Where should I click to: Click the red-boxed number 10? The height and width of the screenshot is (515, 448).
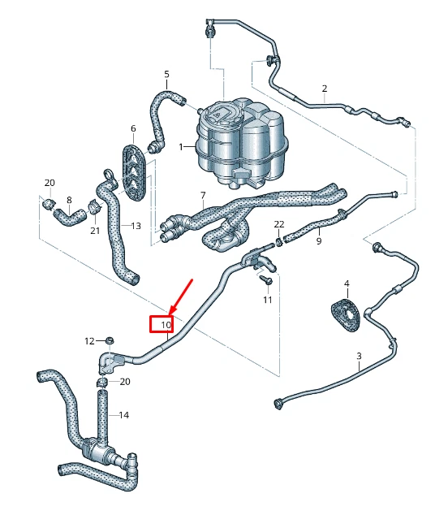click(x=165, y=325)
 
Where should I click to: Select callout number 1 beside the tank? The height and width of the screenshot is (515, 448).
click(x=183, y=147)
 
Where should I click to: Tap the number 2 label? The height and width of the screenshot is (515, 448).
click(x=324, y=88)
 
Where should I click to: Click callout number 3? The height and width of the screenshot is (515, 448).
click(x=358, y=357)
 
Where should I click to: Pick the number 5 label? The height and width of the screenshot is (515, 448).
click(x=166, y=75)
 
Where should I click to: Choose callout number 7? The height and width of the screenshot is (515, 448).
click(x=203, y=196)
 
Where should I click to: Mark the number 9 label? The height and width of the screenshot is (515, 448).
click(x=318, y=240)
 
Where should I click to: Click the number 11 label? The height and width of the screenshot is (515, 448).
click(x=268, y=300)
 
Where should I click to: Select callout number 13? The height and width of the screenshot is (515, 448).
click(x=136, y=225)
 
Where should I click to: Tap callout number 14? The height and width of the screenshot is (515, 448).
click(x=124, y=415)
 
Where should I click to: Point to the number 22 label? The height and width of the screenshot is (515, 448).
click(x=278, y=224)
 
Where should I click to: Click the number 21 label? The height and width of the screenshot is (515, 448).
click(x=95, y=231)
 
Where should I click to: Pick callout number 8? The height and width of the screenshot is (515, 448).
click(x=69, y=200)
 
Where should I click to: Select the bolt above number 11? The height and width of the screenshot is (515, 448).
click(x=265, y=279)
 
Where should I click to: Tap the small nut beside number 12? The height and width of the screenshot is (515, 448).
click(x=111, y=340)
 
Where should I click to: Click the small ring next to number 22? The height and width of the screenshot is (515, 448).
click(x=280, y=240)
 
